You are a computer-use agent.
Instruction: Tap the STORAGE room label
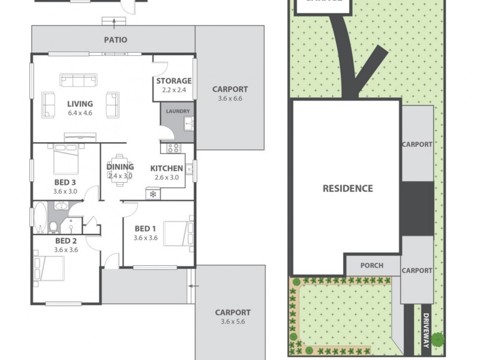pyautogui.click(x=174, y=81)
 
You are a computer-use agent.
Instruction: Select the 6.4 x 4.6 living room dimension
pyautogui.click(x=79, y=113)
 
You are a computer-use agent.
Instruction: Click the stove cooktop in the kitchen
pyautogui.click(x=173, y=148)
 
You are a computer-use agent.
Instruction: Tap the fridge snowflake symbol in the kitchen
pyautogui.click(x=153, y=194)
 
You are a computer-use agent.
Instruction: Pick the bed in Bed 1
pyautogui.click(x=178, y=233)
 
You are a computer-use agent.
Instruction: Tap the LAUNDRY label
pyautogui.click(x=178, y=111)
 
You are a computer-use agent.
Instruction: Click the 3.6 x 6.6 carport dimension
pyautogui.click(x=230, y=99)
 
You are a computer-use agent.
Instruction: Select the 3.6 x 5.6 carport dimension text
pyautogui.click(x=231, y=322)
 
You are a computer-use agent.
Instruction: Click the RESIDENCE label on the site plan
pyautogui.click(x=347, y=188)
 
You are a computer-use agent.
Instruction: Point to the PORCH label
pyautogui.click(x=371, y=265)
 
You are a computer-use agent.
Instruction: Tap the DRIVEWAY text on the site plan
pyautogui.click(x=426, y=330)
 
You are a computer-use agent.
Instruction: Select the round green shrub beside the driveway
pyautogui.click(x=438, y=340)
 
